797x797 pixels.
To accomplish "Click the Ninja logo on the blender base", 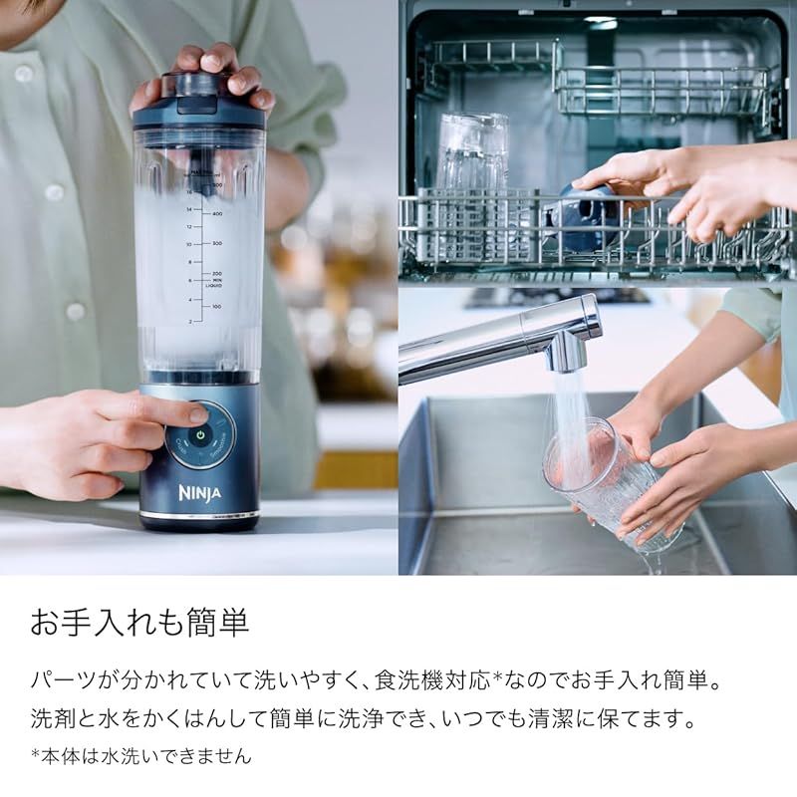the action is [200, 492].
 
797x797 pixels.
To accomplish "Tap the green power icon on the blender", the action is [200, 435].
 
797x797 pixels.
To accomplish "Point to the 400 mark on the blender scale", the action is [217, 214].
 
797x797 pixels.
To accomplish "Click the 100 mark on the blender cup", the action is [217, 307].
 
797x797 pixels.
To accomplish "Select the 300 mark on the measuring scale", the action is [217, 243].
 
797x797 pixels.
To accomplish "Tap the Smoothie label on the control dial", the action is [218, 447].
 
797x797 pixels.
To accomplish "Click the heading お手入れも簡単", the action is [139, 623].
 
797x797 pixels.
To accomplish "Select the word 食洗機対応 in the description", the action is [433, 680].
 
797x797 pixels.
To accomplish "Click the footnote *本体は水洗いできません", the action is [140, 756].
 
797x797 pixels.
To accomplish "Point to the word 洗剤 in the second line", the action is [53, 718].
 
